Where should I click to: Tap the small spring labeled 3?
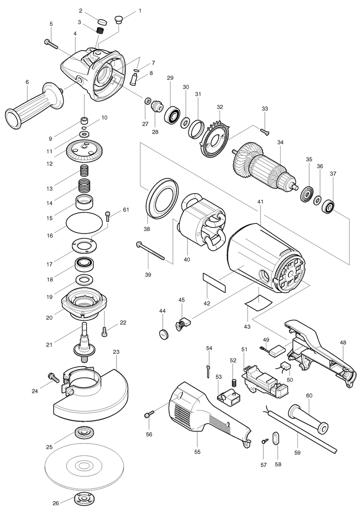click(101, 31)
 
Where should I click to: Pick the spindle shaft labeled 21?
click(84, 342)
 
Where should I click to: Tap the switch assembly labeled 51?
click(266, 380)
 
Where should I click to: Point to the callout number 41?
click(260, 202)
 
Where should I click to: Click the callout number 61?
click(126, 210)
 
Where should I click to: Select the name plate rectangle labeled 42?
click(215, 283)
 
